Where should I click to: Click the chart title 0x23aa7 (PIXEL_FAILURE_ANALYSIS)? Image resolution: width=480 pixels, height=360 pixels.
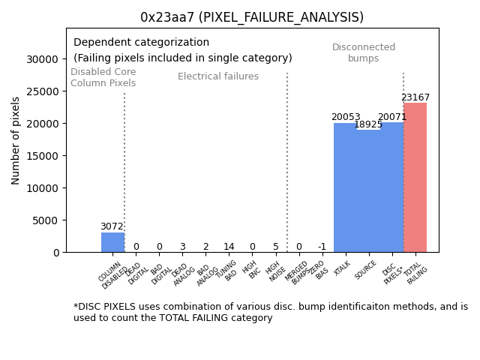click(252, 17)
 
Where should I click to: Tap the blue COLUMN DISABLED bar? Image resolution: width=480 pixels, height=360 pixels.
click(112, 242)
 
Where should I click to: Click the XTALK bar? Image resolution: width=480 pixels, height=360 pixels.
click(345, 187)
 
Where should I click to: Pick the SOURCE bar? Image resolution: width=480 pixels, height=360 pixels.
click(368, 191)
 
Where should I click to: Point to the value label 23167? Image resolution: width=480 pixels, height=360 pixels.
click(415, 97)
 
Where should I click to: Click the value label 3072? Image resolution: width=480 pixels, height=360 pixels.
click(112, 226)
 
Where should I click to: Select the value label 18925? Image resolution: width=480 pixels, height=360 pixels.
click(368, 124)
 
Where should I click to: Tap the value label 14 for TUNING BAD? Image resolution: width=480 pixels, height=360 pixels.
click(229, 247)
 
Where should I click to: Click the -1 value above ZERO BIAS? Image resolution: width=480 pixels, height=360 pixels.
click(322, 247)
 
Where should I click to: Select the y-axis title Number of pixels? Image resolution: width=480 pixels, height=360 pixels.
click(16, 140)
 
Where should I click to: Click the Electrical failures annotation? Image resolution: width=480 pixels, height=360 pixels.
click(218, 76)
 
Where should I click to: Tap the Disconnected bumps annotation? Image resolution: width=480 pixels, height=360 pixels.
click(364, 53)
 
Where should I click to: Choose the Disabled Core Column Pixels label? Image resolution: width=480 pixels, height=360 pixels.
click(103, 78)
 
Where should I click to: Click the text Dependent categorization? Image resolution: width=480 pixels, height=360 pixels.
click(142, 43)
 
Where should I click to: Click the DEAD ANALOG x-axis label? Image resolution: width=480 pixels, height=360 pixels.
click(183, 274)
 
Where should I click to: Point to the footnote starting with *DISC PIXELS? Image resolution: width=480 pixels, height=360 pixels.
click(270, 312)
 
